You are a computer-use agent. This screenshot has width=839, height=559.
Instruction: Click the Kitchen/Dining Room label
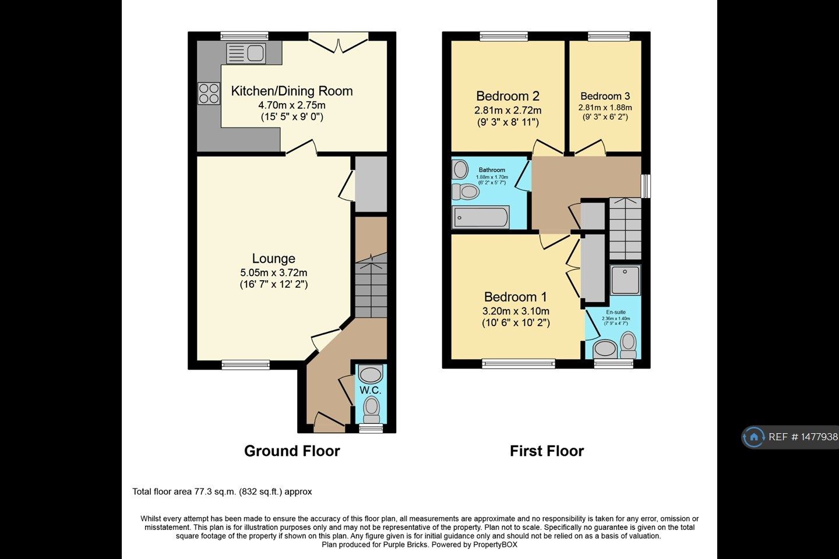pos(292,91)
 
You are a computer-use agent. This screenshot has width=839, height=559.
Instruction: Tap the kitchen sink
pos(246,54)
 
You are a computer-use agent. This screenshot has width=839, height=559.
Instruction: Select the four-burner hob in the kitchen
pos(209,93)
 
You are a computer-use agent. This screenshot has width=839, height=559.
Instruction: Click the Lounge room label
pos(273,259)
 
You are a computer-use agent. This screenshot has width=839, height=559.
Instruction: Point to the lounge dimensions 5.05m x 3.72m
pos(273,273)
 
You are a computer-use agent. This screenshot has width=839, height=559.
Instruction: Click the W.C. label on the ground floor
pos(370,390)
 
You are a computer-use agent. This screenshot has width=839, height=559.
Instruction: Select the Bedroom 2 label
pos(507,96)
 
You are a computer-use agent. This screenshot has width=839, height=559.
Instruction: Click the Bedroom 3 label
pos(605,96)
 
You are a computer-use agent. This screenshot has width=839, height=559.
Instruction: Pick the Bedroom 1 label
pos(515,297)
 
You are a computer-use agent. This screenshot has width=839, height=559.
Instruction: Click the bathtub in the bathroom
pos(481,218)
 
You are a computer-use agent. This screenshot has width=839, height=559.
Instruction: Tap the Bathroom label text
pos(492,170)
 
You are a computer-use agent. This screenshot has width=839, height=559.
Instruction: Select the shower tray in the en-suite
pos(625,281)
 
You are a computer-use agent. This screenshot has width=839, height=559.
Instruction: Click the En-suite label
pos(616,312)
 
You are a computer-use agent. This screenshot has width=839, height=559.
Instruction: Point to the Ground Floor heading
pos(292,451)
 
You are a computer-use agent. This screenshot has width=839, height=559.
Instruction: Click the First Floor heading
pos(547,451)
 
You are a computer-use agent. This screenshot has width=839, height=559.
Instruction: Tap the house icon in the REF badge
pos(754,437)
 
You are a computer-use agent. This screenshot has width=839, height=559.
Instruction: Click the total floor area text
pos(222,491)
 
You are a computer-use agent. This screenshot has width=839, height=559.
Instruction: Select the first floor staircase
pos(625,229)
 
